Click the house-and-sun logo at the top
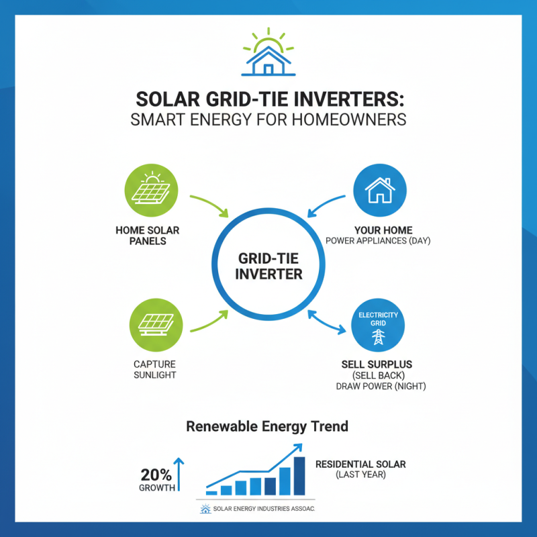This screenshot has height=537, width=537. (268, 52)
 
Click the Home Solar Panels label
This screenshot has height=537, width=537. (152, 236)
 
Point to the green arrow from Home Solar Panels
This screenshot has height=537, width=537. (210, 205)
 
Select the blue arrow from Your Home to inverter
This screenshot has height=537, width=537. (327, 205)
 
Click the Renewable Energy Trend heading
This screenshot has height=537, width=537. (267, 426)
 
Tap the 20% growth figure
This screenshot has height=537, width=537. (156, 474)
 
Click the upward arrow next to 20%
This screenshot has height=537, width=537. (179, 473)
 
